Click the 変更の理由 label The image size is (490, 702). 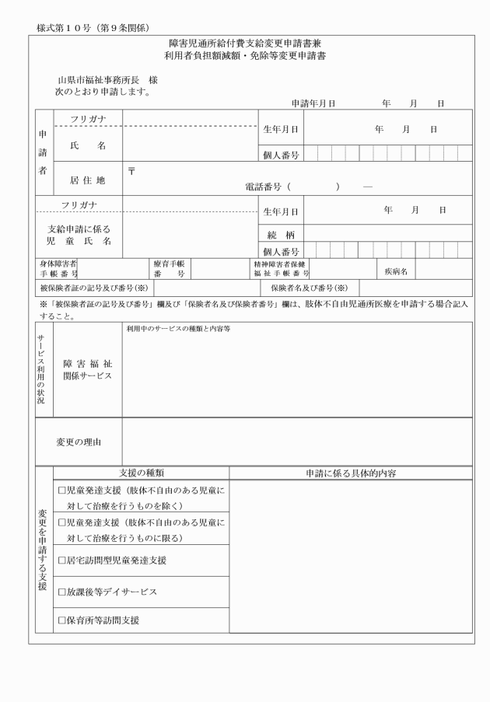point(78,442)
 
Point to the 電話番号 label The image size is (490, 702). point(264,187)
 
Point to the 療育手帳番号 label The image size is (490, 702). point(169,269)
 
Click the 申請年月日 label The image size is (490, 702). point(313,103)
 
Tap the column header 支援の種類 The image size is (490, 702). point(142,472)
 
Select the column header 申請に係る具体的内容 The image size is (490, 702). point(350,472)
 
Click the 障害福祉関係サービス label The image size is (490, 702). point(88,369)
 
